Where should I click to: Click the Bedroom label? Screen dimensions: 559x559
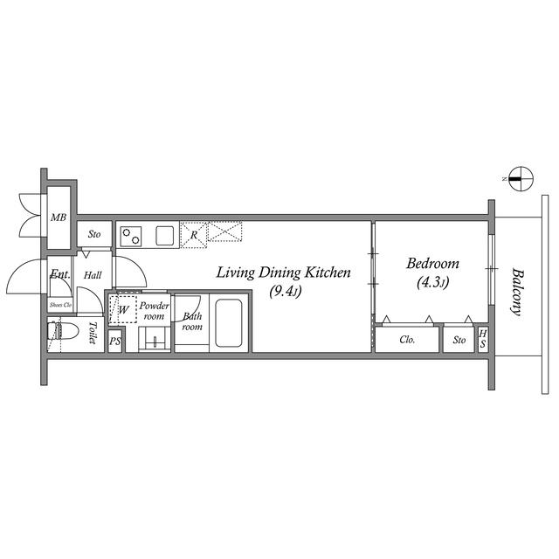click(432, 264)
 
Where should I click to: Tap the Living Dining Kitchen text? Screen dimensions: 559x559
click(283, 273)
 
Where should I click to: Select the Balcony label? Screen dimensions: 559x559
click(518, 292)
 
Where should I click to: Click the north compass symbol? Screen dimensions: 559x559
click(521, 179)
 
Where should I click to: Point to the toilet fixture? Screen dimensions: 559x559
click(62, 332)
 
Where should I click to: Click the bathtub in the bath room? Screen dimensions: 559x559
click(229, 322)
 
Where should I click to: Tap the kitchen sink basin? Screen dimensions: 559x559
click(165, 236)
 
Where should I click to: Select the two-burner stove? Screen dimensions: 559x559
click(131, 237)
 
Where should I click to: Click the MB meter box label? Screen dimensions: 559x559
click(59, 217)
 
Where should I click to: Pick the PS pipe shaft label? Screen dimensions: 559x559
click(114, 342)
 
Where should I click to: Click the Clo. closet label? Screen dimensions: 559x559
click(407, 340)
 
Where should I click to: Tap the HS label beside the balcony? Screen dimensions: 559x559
click(482, 339)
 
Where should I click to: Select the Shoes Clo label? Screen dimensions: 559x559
click(60, 305)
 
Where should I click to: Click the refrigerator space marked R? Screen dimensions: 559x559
click(194, 235)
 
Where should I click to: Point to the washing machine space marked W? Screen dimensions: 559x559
click(122, 309)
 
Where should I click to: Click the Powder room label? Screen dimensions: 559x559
click(154, 311)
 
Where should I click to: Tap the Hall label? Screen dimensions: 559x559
click(93, 275)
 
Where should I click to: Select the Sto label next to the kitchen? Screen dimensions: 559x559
click(94, 234)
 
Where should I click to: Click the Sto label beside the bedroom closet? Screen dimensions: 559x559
click(459, 340)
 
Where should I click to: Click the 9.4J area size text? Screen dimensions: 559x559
click(286, 292)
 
